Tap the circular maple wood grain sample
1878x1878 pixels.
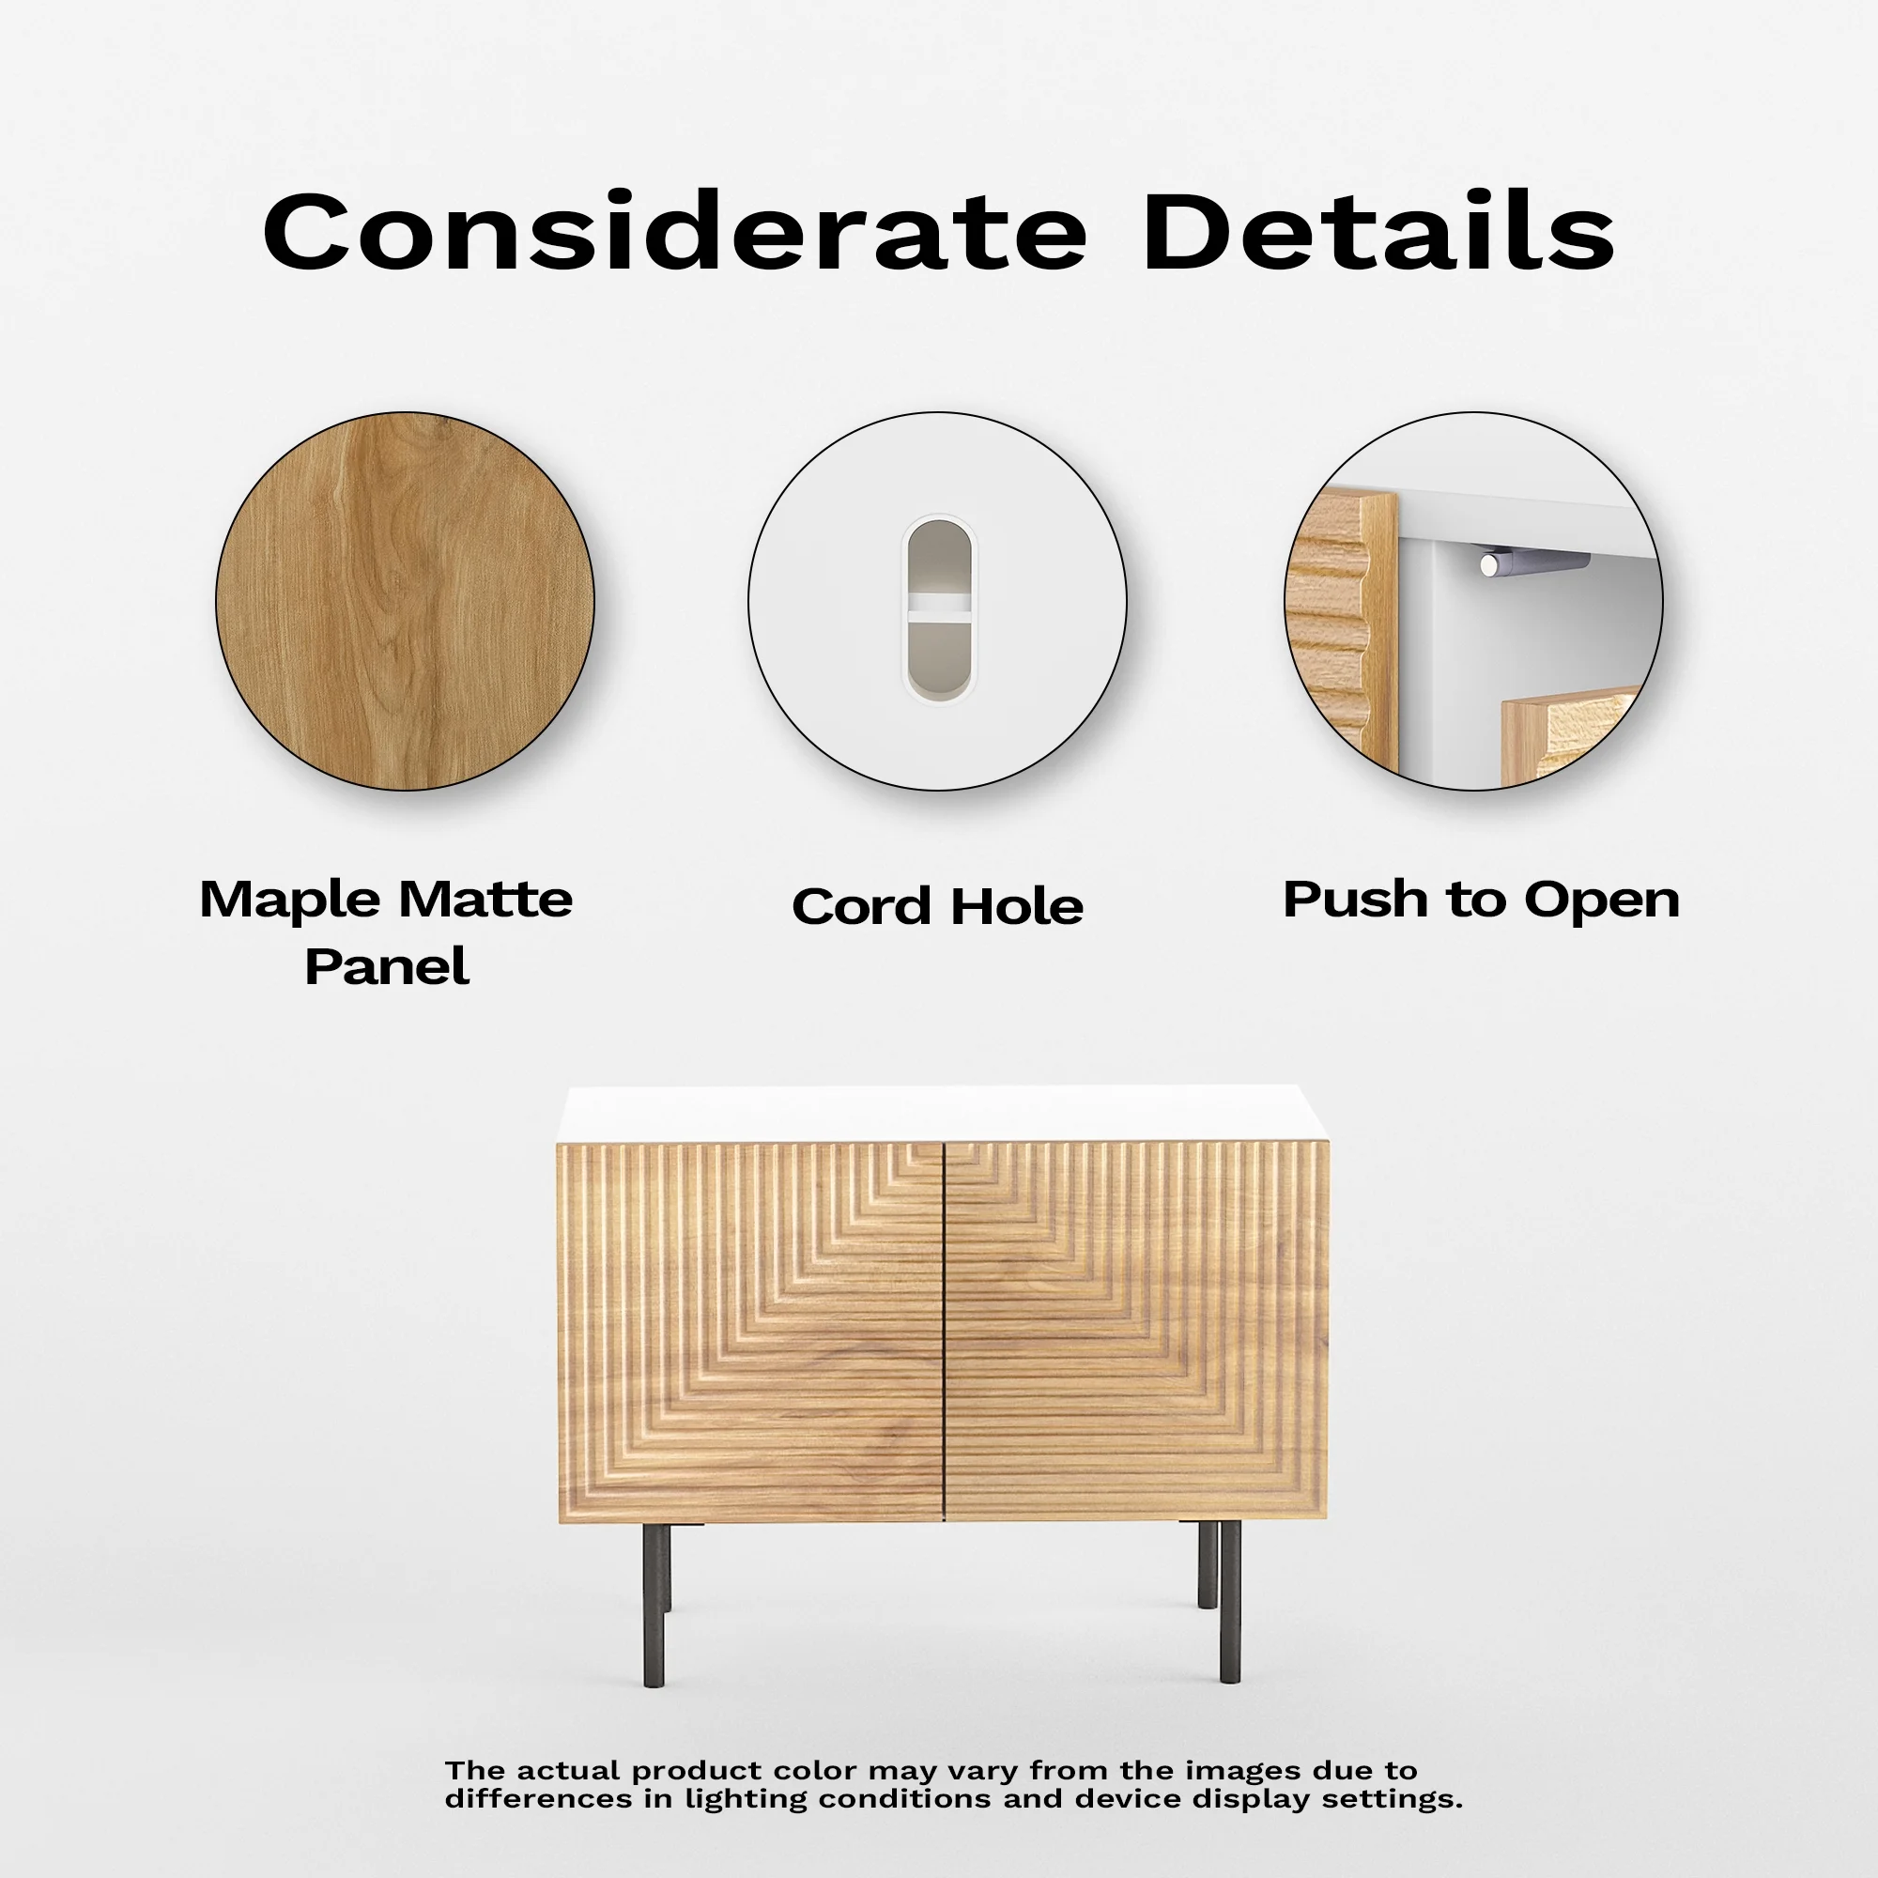[405, 601]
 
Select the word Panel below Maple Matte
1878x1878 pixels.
[387, 966]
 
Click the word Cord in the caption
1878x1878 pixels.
[861, 906]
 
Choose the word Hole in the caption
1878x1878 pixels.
[1017, 906]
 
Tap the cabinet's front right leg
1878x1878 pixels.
[1230, 1602]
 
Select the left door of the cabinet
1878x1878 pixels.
[750, 1332]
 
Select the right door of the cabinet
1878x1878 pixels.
[1136, 1331]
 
